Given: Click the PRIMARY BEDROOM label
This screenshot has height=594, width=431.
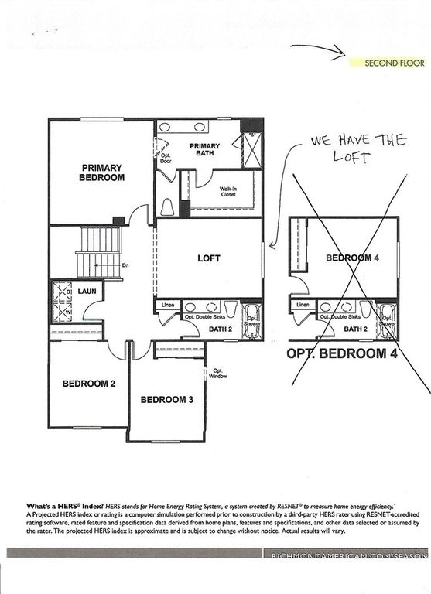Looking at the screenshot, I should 102,172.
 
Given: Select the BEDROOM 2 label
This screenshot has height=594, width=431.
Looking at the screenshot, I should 89,383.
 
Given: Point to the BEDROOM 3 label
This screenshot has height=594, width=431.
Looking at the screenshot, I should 166,400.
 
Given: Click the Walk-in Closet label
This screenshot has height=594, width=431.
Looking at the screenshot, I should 227,192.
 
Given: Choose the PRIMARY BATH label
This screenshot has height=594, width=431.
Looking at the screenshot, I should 204,150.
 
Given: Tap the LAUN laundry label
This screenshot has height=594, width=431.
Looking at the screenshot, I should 87,292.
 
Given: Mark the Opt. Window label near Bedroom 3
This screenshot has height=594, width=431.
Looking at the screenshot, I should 219,373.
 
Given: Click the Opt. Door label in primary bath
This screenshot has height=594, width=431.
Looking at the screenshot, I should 166,159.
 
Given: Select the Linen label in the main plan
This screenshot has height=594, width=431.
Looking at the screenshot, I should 167,306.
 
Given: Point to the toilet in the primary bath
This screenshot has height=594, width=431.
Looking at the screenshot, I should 168,207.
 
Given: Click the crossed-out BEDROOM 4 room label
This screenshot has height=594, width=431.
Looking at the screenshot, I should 352,258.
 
